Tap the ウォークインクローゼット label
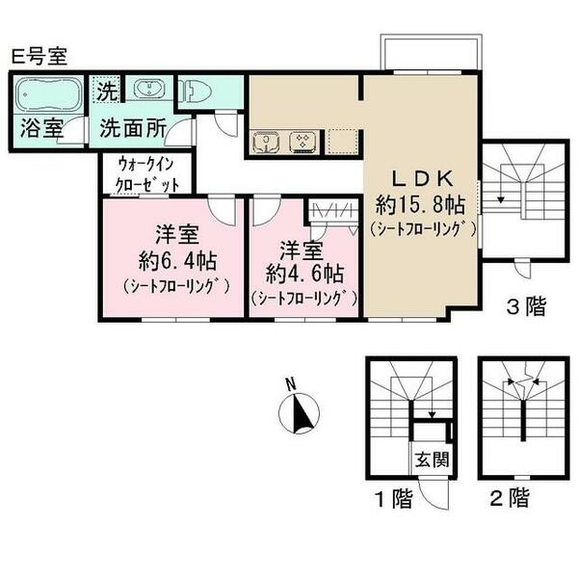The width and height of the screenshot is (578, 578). [x=146, y=173]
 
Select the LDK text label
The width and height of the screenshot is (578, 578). [x=420, y=178]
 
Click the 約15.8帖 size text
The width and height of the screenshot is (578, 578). [x=420, y=204]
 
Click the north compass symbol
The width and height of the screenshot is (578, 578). [x=299, y=413]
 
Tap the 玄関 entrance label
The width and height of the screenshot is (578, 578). [x=430, y=460]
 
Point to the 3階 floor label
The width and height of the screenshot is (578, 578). [x=527, y=308]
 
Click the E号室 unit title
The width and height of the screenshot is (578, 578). [x=38, y=56]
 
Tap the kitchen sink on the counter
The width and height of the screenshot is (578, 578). [x=265, y=143]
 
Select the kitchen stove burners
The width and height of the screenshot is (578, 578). [x=302, y=143]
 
